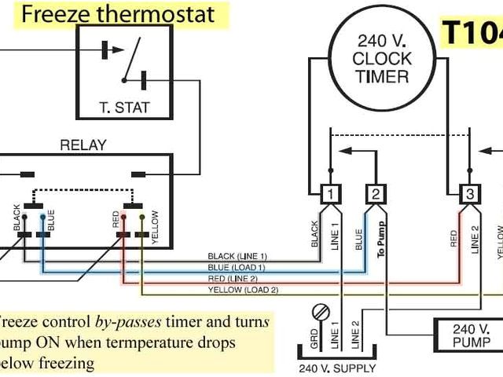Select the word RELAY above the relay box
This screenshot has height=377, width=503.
(83, 145)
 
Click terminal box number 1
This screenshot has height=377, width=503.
(332, 194)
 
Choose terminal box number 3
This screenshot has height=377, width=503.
(469, 194)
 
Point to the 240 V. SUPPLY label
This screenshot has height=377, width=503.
(337, 368)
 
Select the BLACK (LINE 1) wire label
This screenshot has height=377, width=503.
(237, 257)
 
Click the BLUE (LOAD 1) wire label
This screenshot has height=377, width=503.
(237, 268)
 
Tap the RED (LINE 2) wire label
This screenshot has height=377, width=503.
(237, 279)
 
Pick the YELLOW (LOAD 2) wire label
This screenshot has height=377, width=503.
(242, 290)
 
